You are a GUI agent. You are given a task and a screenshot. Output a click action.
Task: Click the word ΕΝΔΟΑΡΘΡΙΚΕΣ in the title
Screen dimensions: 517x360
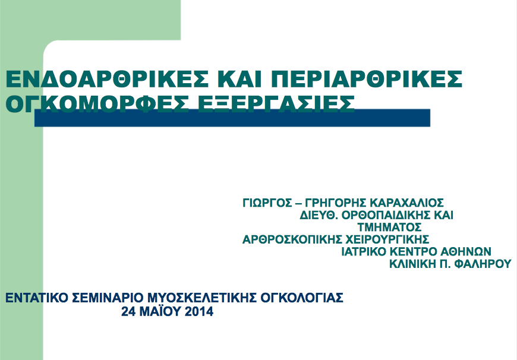tap(108, 78)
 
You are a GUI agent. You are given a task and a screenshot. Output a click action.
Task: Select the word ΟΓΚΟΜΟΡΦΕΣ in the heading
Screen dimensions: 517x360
tap(97, 103)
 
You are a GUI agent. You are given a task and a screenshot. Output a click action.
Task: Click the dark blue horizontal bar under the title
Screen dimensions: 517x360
tap(232, 118)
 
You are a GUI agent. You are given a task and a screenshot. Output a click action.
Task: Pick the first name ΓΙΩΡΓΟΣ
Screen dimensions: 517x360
tap(267, 203)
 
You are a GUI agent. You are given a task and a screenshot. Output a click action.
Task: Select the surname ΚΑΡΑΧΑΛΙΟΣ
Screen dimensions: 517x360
tap(406, 203)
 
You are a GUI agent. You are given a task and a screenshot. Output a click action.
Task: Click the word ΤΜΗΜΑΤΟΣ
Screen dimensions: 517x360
tap(389, 227)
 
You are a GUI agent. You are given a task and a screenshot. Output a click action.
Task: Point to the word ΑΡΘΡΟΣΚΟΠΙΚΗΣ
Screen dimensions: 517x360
tap(292, 239)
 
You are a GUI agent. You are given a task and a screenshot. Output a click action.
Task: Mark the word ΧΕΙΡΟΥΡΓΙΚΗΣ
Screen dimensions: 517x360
tap(387, 239)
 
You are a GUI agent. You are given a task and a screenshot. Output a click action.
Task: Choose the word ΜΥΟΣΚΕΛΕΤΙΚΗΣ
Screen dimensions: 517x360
tap(202, 298)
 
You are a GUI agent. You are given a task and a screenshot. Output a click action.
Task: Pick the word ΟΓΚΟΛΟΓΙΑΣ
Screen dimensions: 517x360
tap(302, 298)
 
